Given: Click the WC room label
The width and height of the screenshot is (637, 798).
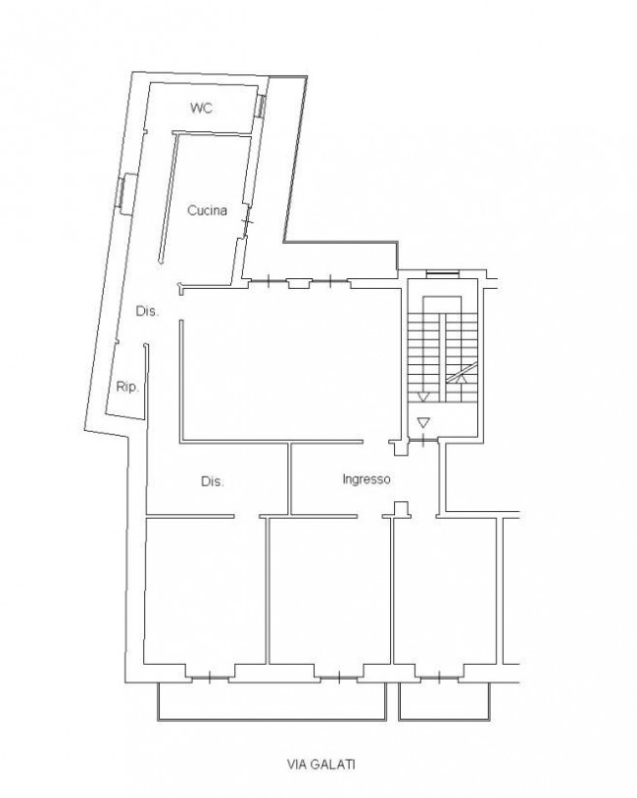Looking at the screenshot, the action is click(201, 108).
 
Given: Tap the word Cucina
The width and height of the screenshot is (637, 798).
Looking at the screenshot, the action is click(207, 211).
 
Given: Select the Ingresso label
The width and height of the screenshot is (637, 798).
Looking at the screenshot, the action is click(367, 480).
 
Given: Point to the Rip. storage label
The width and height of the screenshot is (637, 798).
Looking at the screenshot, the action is click(127, 387).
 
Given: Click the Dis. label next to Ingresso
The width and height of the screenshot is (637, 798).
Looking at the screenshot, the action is click(213, 481).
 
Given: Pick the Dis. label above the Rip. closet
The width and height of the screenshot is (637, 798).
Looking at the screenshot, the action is click(147, 311).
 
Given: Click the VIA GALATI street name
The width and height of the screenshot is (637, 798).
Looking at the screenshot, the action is click(320, 765).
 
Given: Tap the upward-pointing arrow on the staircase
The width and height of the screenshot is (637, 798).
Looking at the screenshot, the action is click(462, 378).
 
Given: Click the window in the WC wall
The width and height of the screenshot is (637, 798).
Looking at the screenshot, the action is click(260, 106).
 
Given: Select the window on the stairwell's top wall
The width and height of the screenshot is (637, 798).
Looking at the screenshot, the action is click(443, 274).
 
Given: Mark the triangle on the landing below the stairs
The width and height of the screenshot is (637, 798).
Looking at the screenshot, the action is click(423, 422).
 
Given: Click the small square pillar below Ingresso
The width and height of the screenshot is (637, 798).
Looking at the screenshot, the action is click(402, 508).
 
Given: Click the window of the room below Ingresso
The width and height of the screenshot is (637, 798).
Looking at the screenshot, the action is click(439, 678).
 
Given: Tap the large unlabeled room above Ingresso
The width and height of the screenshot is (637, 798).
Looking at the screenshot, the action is click(290, 364).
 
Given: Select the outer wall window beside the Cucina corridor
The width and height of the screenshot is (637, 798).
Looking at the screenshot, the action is click(122, 190).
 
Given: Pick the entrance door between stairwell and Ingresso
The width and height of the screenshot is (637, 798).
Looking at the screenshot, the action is click(423, 440).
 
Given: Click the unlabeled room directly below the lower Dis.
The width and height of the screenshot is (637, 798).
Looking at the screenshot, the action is click(206, 590).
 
